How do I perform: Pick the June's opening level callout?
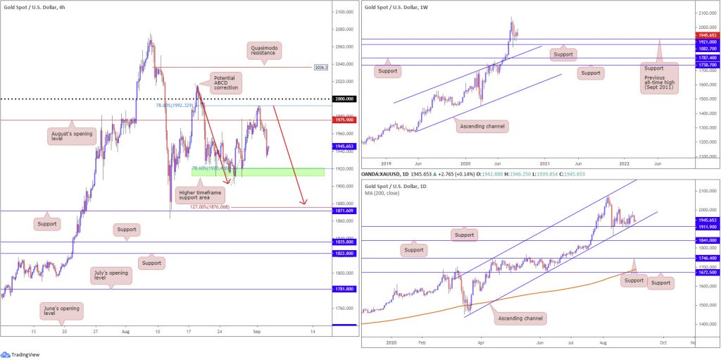click(x=60, y=311)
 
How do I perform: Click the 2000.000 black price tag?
click(x=344, y=99)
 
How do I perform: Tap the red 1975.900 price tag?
click(x=344, y=120)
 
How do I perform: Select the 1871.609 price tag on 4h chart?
click(x=344, y=211)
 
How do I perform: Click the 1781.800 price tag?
click(x=344, y=289)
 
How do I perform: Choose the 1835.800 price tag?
click(x=344, y=242)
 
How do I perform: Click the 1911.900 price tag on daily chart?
click(x=706, y=227)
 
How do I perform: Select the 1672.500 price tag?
click(x=706, y=273)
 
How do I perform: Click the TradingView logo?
click(x=20, y=354)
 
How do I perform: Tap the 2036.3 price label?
click(x=320, y=68)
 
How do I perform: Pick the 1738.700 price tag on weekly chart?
click(x=706, y=65)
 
